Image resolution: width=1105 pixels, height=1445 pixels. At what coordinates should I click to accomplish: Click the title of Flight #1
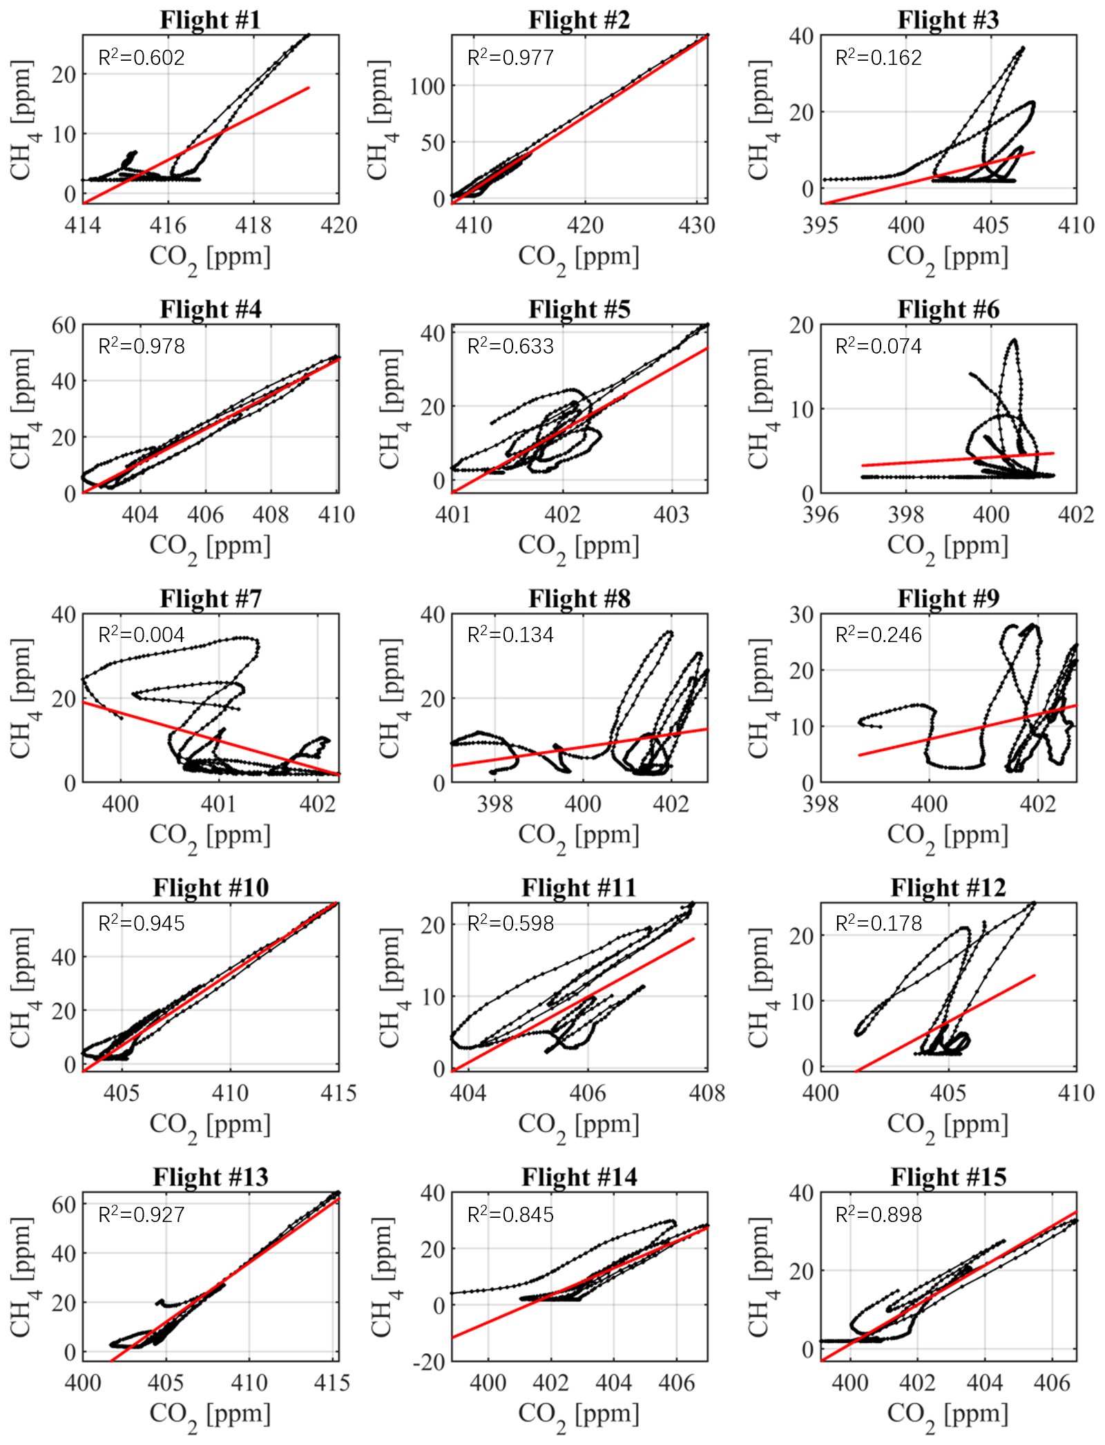(211, 20)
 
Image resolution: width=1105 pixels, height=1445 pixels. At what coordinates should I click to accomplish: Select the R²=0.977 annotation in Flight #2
(510, 57)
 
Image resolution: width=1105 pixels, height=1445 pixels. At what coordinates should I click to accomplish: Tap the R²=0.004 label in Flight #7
(142, 635)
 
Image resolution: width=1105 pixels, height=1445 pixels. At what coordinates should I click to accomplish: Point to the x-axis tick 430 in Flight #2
(696, 225)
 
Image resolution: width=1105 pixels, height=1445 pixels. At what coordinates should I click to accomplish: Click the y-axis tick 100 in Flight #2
(427, 87)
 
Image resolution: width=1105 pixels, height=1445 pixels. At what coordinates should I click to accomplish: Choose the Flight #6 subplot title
(948, 309)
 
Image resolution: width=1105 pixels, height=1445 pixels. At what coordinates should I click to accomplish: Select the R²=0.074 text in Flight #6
(878, 346)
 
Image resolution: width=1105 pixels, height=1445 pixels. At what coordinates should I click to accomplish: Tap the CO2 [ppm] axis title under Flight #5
(579, 547)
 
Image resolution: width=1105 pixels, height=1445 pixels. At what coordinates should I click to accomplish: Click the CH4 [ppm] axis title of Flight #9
(760, 698)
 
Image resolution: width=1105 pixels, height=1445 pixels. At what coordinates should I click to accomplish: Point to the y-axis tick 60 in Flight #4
(64, 325)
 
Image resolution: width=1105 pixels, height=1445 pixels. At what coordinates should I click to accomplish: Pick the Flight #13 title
(211, 1177)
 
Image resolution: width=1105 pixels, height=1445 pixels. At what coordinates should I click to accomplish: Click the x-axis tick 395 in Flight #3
(820, 225)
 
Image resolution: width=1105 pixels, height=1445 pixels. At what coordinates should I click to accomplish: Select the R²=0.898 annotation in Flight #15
(878, 1214)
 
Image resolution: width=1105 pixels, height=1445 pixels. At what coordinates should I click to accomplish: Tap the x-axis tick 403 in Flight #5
(671, 514)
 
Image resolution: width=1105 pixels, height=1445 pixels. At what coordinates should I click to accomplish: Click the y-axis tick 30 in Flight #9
(801, 614)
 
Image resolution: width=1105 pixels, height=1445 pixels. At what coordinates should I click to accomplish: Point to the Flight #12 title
(948, 888)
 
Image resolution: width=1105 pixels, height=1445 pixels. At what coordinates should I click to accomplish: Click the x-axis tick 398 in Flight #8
(495, 804)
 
